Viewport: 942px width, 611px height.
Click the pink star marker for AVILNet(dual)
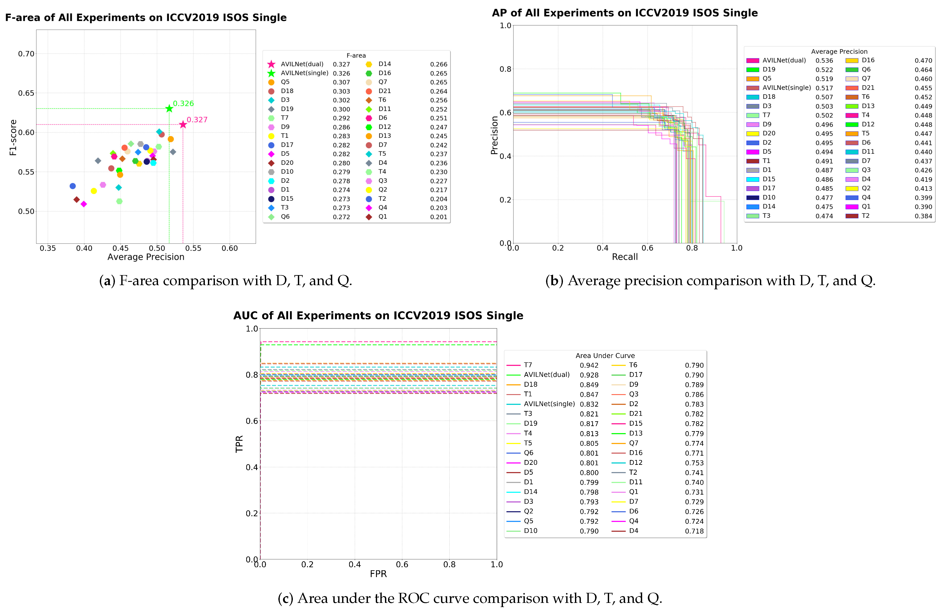pyautogui.click(x=183, y=125)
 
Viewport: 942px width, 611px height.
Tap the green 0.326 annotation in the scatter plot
pyautogui.click(x=183, y=103)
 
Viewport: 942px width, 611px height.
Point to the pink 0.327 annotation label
pyautogui.click(x=197, y=119)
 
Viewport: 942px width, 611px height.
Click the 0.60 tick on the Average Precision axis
pyautogui.click(x=230, y=248)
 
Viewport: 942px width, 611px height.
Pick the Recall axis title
pyautogui.click(x=625, y=257)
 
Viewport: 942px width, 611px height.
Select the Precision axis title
pyautogui.click(x=494, y=135)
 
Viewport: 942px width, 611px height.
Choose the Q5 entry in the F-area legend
pyautogui.click(x=285, y=82)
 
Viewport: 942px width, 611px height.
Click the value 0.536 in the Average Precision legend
pyautogui.click(x=824, y=61)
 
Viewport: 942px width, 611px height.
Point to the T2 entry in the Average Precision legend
pyautogui.click(x=866, y=216)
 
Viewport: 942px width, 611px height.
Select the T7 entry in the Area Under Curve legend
pyautogui.click(x=528, y=365)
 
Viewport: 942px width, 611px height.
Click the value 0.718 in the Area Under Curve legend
pyautogui.click(x=694, y=531)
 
